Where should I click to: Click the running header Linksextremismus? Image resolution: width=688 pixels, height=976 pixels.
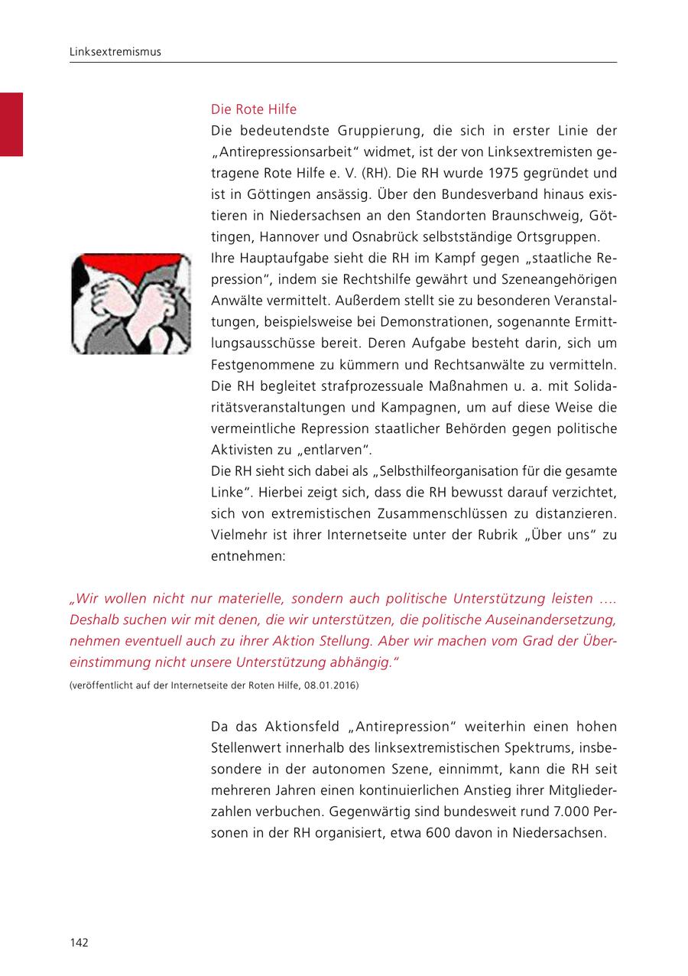tap(115, 52)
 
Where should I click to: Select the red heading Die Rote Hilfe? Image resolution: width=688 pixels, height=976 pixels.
tap(254, 109)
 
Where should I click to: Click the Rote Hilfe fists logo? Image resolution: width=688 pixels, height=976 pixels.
tap(131, 304)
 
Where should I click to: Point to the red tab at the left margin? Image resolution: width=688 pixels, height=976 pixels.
tap(11, 124)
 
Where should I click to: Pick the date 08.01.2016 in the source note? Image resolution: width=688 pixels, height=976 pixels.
tap(331, 685)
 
